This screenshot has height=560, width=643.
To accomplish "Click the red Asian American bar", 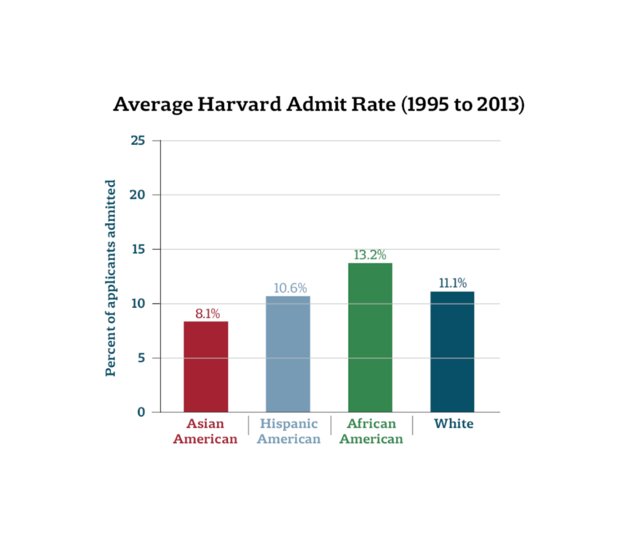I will pyautogui.click(x=206, y=367).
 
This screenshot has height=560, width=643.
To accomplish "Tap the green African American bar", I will pyautogui.click(x=370, y=338).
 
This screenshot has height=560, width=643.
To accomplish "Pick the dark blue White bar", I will pyautogui.click(x=452, y=352).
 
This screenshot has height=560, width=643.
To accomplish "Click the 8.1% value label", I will pyautogui.click(x=207, y=314).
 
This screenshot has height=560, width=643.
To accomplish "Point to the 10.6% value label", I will pyautogui.click(x=290, y=288).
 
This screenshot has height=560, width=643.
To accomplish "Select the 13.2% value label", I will pyautogui.click(x=369, y=255).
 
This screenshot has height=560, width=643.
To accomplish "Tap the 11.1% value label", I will pyautogui.click(x=452, y=283).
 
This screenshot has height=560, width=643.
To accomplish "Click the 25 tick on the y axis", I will pyautogui.click(x=138, y=141).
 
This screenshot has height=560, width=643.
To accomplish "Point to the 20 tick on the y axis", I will pyautogui.click(x=138, y=195).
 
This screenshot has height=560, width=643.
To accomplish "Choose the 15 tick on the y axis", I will pyautogui.click(x=138, y=249).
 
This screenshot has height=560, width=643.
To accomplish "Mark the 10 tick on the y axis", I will pyautogui.click(x=138, y=304).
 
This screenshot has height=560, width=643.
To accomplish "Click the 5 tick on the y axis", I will pyautogui.click(x=141, y=358).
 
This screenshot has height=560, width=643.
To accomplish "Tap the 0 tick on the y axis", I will pyautogui.click(x=141, y=412).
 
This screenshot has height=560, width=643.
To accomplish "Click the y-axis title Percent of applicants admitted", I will pyautogui.click(x=111, y=278).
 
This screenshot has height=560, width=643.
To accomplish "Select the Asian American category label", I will pyautogui.click(x=205, y=431).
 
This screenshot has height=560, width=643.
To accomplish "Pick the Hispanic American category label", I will pyautogui.click(x=289, y=431).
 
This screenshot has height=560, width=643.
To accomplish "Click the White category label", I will pyautogui.click(x=454, y=424).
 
